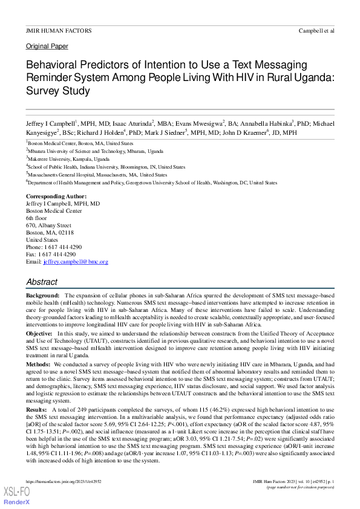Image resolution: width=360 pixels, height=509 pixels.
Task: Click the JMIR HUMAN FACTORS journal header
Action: click(59, 30)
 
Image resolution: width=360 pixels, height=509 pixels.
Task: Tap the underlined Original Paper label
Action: click(47, 47)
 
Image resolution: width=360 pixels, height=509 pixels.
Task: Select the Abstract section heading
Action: click(42, 282)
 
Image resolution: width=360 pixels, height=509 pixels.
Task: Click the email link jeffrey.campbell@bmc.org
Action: click(76, 262)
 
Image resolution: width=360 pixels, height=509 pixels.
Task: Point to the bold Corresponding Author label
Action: click(56, 197)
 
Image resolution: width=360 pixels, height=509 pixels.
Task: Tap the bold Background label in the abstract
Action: click(42, 294)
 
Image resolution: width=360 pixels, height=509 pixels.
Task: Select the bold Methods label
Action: click(39, 365)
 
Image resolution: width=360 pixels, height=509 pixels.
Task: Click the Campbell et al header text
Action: click(316, 30)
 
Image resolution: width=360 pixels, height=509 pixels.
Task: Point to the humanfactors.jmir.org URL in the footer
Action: click(64, 481)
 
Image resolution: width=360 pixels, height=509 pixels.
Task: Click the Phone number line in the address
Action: click(54, 247)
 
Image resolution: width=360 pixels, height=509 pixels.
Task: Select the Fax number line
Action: click(51, 254)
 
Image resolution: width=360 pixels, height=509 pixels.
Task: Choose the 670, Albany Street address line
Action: click(48, 225)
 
